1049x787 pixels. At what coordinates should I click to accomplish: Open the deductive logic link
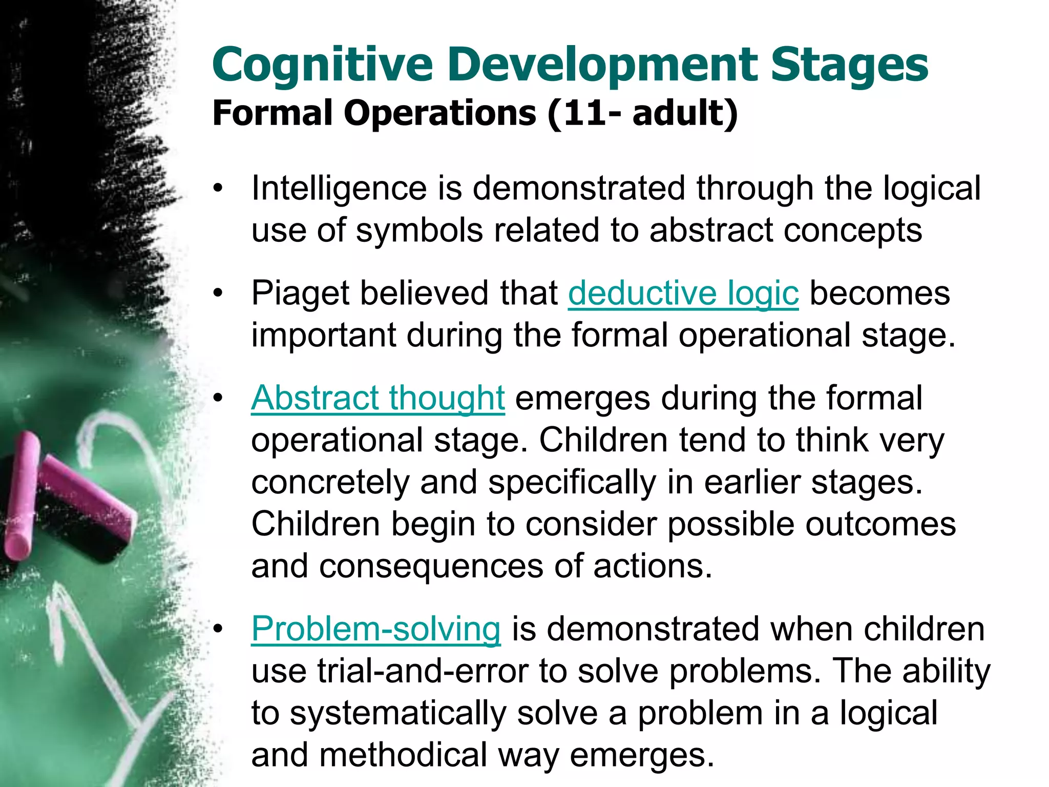683,294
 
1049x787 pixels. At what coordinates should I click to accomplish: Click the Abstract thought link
378,398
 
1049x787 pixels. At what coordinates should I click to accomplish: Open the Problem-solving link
376,629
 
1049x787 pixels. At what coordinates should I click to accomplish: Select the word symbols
419,231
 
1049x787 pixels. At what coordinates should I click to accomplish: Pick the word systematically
398,713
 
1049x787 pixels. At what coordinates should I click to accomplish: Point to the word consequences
431,566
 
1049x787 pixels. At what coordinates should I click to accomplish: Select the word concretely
330,482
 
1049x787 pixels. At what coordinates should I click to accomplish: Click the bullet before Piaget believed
219,294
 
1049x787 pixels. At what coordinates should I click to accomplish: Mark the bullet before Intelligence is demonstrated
219,189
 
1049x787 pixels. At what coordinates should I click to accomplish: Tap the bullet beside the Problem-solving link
219,630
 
